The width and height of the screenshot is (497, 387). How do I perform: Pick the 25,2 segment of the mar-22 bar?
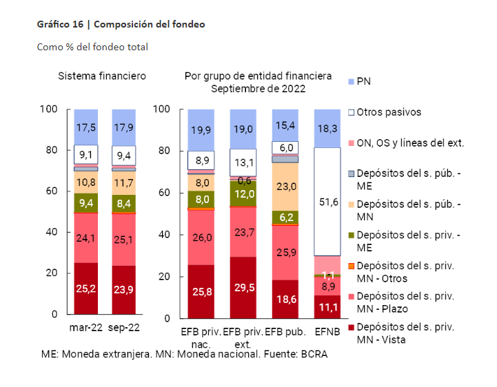pyautogui.click(x=85, y=288)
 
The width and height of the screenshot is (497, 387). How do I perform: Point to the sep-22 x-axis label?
pyautogui.click(x=124, y=328)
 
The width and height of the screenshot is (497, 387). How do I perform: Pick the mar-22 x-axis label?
pyautogui.click(x=86, y=328)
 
